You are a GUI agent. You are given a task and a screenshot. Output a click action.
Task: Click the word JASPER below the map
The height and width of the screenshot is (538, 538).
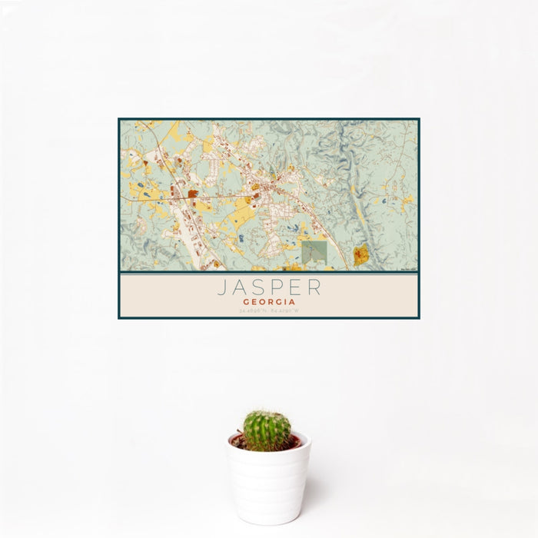[268, 287]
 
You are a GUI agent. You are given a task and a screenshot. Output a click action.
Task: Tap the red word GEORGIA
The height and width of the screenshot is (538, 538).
[268, 302]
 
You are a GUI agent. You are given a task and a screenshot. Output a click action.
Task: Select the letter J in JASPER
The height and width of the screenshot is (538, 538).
[221, 287]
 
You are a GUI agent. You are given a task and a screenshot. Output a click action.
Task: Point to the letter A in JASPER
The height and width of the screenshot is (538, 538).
[240, 287]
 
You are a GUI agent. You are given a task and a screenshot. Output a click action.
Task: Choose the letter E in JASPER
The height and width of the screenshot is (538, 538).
[295, 287]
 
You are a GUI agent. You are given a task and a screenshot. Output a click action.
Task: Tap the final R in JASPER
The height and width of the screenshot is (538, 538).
[314, 287]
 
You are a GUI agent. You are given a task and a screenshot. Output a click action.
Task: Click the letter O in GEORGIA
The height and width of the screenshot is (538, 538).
[261, 302]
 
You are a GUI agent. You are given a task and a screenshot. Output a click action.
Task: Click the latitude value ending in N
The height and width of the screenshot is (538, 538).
[253, 311]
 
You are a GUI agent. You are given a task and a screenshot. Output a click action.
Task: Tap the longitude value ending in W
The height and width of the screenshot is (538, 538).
[284, 311]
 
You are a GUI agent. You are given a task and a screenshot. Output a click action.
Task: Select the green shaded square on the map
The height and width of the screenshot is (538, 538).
[314, 253]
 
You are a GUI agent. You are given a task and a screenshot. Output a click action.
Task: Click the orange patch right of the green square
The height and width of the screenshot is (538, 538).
[361, 255]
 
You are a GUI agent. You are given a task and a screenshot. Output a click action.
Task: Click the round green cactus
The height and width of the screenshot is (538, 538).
[267, 430]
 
